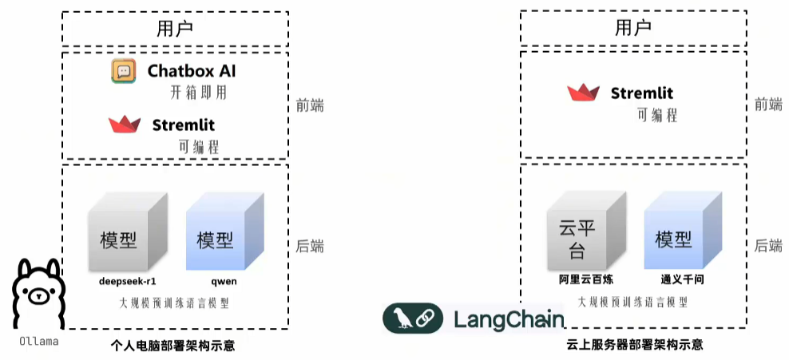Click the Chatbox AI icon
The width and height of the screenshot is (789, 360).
124,72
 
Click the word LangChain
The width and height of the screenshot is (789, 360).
508,319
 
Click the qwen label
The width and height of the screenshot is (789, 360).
224,282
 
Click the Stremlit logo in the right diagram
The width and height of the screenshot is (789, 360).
583,93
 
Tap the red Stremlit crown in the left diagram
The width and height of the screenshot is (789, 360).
125,125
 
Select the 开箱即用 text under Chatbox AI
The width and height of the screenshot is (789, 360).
200,93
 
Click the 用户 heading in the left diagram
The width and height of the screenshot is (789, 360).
175,29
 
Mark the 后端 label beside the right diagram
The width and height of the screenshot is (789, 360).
769,247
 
